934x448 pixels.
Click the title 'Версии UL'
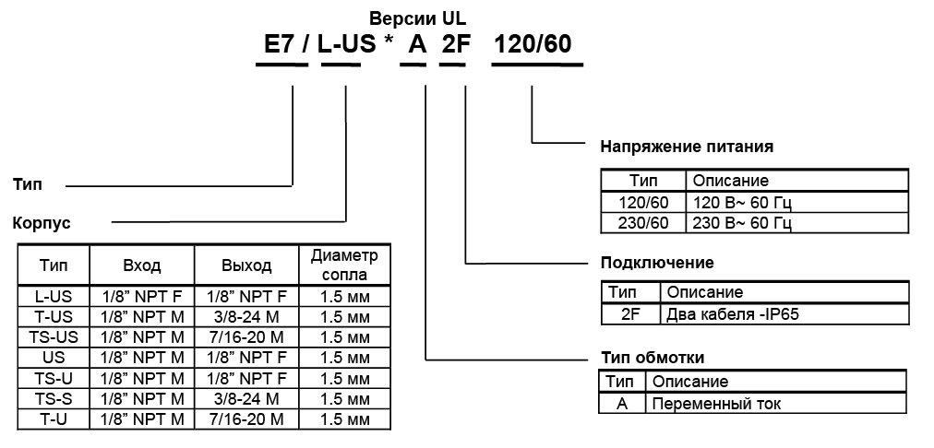click(x=418, y=18)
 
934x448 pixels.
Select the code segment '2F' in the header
click(x=454, y=45)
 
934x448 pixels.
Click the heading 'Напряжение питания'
click(x=686, y=146)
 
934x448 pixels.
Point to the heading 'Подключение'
click(x=656, y=263)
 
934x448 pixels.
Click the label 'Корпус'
click(x=41, y=222)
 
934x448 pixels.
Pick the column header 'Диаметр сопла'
click(x=344, y=265)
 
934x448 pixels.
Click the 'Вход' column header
click(x=142, y=265)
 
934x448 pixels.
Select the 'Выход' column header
click(x=246, y=265)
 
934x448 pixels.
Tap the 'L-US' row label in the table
click(x=54, y=296)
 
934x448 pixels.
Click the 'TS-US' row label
click(x=54, y=337)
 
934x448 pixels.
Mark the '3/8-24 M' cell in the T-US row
click(x=246, y=316)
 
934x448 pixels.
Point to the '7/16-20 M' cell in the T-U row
click(x=246, y=419)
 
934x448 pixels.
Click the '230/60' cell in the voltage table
click(x=642, y=222)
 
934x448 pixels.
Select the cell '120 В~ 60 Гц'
click(x=742, y=202)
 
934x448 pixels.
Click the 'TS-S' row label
click(x=54, y=398)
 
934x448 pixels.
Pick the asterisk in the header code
click(x=389, y=43)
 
